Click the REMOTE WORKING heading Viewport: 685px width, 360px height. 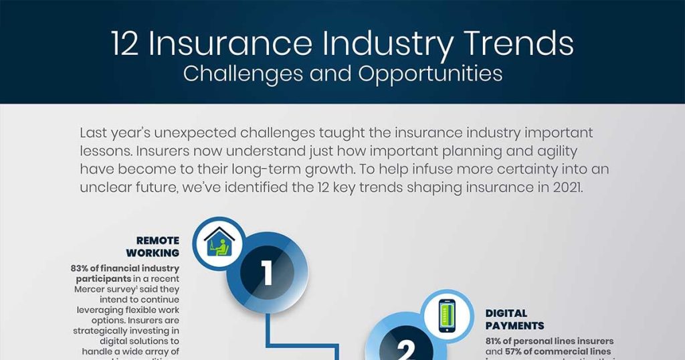157,246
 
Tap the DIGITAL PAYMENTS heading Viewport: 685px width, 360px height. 514,319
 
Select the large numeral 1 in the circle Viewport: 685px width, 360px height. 267,273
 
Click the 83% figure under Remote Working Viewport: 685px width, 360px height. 82,268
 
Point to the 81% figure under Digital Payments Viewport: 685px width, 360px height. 496,341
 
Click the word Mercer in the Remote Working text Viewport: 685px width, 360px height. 89,289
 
